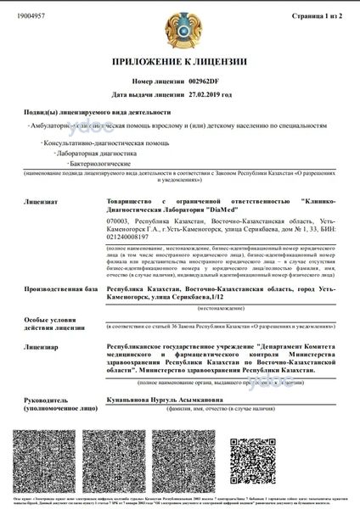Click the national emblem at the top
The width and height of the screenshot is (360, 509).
click(179, 29)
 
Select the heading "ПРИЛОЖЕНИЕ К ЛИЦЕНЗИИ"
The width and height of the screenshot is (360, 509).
click(180, 63)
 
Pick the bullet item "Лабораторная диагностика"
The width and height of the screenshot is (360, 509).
click(96, 154)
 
